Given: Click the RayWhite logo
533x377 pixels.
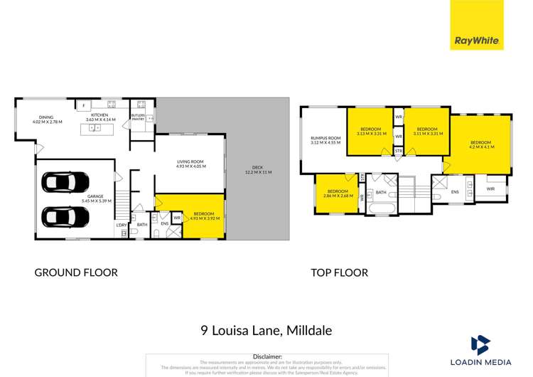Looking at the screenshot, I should coord(476,25).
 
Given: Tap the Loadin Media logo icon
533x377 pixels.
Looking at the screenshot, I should coord(480,346).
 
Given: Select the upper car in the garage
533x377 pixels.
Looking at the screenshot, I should coord(65,182).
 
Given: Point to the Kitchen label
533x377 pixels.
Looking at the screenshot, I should coord(99,117).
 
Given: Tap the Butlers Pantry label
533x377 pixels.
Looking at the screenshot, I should coord(138,117).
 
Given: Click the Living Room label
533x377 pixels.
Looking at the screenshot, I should coord(190,164).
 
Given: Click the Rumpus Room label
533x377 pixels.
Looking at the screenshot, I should coord(325,140).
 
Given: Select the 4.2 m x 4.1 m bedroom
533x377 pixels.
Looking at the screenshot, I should coord(481,144).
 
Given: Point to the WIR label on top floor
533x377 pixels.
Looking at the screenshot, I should coord(490,189).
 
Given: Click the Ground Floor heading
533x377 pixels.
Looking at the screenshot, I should coord(76,272).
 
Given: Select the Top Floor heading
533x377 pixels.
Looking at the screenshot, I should coord(339,272).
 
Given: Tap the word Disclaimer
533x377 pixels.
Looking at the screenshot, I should coord(267,356).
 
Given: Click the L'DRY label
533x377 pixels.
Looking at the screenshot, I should coord(121,225).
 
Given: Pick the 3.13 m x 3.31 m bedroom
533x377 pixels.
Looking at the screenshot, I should coord(369,132).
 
